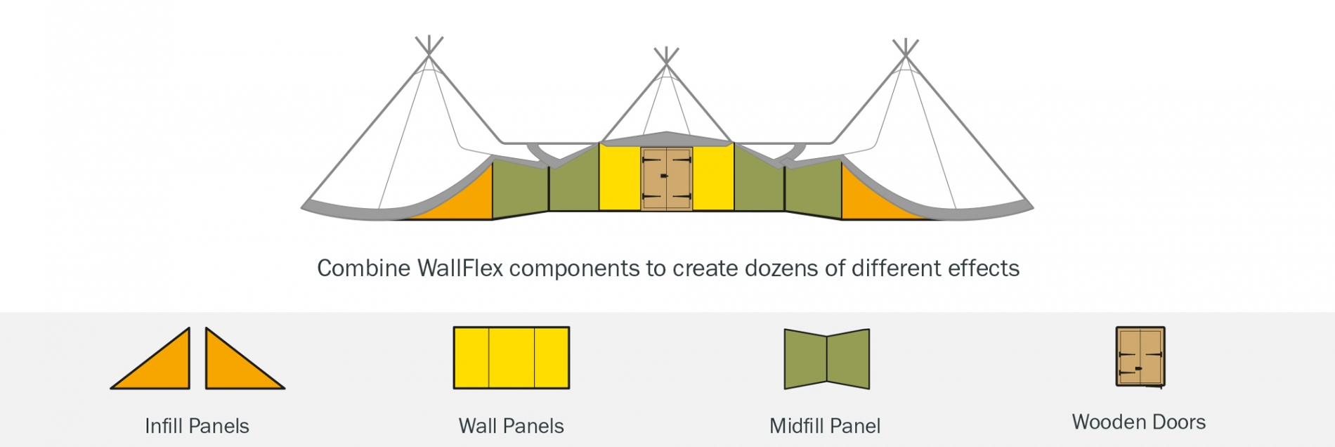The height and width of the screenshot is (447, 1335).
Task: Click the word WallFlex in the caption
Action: (460, 268)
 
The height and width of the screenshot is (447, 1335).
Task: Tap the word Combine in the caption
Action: (363, 268)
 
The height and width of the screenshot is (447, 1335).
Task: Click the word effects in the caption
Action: (983, 268)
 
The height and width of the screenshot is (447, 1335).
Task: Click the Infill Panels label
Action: (197, 426)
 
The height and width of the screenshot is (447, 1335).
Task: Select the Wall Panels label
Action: (511, 426)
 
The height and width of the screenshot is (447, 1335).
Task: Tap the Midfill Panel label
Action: (825, 426)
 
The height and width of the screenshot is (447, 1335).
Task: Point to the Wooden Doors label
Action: (1138, 422)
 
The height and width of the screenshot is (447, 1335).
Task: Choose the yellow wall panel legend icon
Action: (511, 358)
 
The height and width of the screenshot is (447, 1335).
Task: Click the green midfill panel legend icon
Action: (826, 359)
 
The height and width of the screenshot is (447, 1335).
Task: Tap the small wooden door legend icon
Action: (1140, 356)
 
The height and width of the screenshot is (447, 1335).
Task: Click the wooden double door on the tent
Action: (666, 179)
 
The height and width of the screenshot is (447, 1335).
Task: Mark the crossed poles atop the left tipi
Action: (429, 46)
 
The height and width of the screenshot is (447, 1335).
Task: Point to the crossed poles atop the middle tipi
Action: (666, 57)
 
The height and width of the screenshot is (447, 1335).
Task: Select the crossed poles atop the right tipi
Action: (906, 48)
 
